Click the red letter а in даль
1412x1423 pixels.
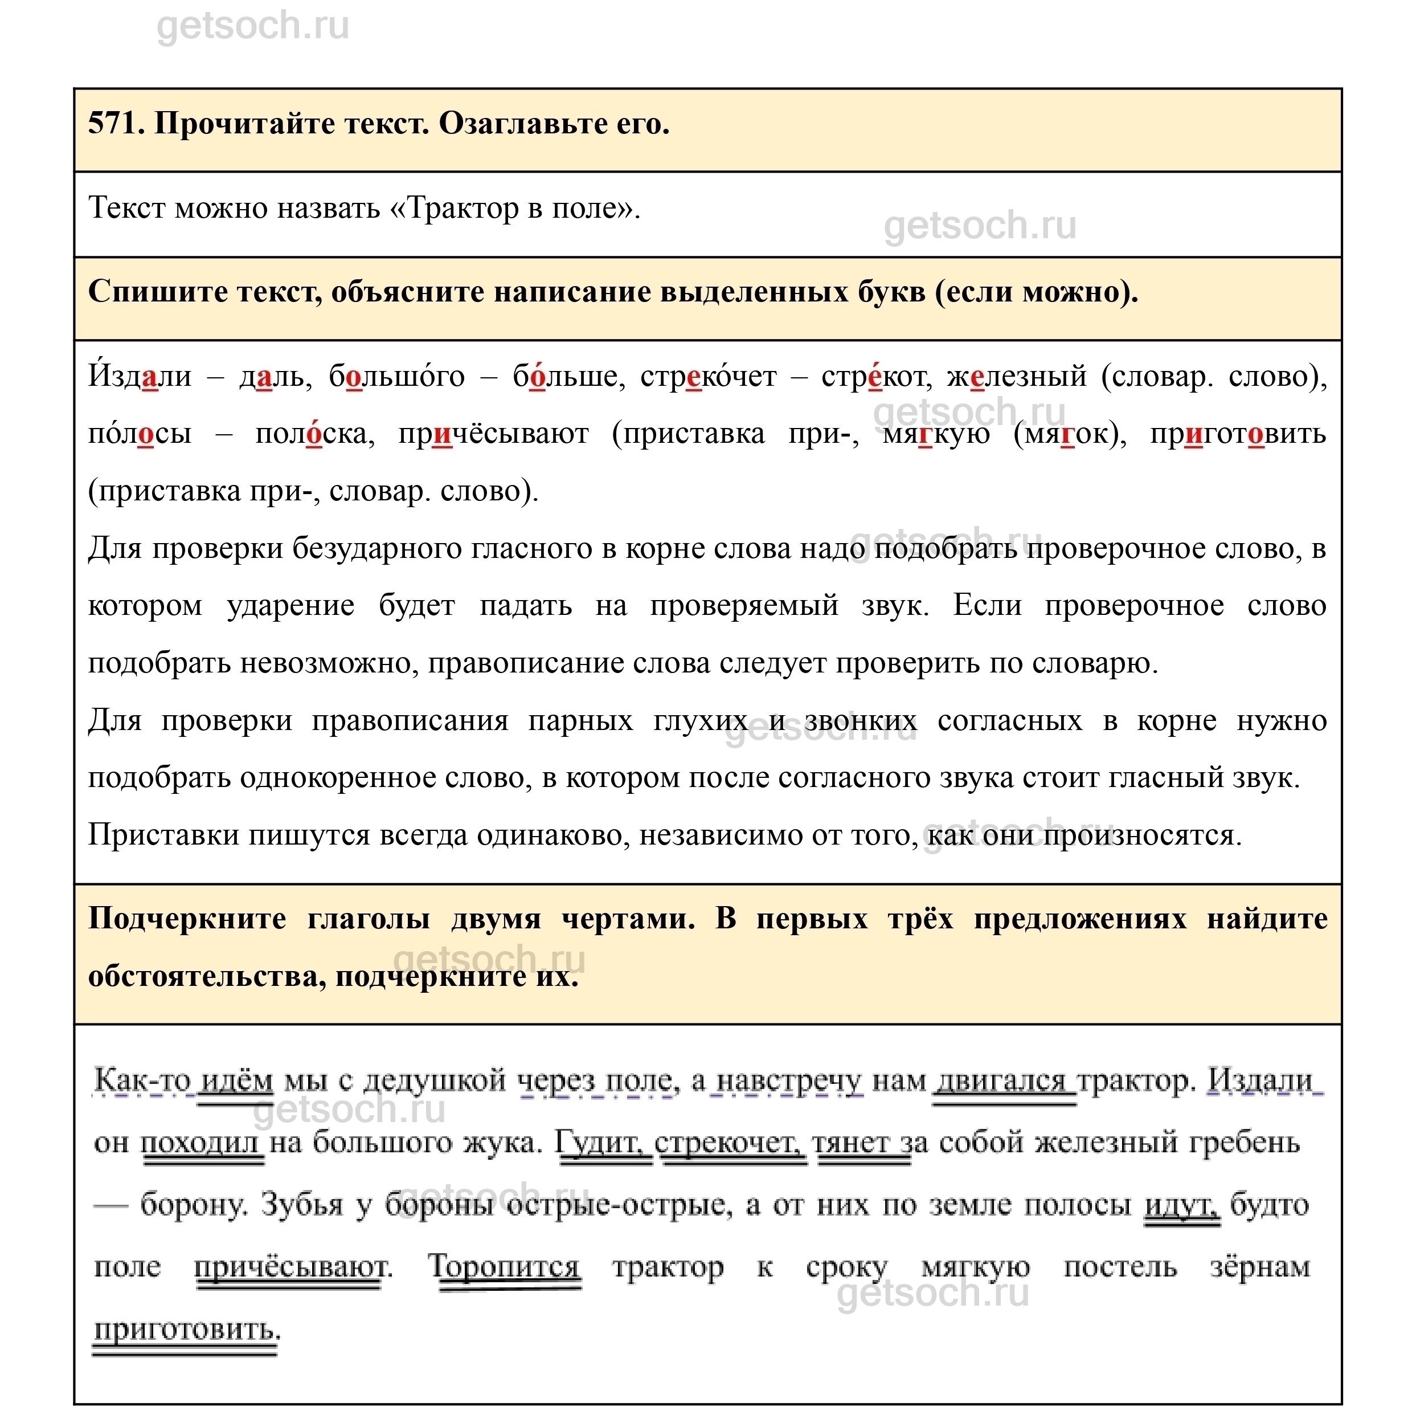point(264,378)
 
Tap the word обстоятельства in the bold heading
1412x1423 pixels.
point(206,977)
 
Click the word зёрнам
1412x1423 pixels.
point(1259,1267)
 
